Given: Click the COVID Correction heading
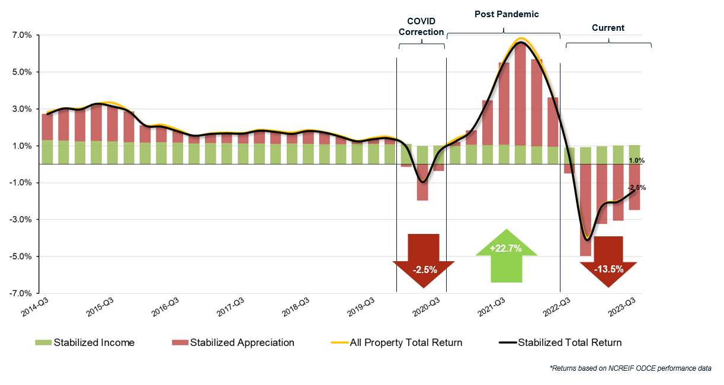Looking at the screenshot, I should coord(421,27).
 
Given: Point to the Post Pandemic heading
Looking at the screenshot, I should coord(507,14).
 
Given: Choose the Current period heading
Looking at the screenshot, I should coord(608,28).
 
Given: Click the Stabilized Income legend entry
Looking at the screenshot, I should coord(85,342).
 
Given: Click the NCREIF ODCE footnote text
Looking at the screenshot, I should coord(630,368).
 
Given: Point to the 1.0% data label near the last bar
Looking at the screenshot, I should coord(636,161).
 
